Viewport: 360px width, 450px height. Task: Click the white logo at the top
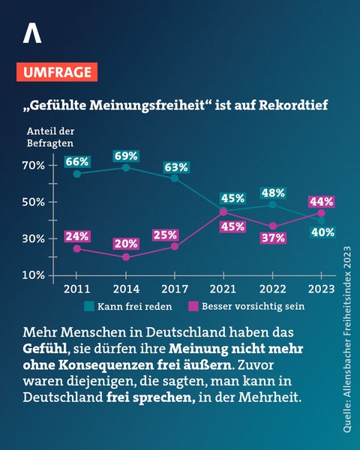point(32,34)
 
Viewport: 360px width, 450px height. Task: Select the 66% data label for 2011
point(77,161)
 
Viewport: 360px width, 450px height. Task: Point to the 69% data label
point(126,156)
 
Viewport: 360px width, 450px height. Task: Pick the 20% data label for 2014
point(126,243)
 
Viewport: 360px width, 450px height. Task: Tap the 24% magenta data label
point(77,235)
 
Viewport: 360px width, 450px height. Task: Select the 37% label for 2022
point(272,238)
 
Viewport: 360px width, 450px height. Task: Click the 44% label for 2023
point(321,201)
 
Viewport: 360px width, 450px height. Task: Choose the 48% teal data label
point(272,192)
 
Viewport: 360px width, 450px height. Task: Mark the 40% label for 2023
point(321,232)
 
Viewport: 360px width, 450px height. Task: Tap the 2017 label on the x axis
point(175,288)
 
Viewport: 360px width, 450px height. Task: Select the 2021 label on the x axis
point(223,288)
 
